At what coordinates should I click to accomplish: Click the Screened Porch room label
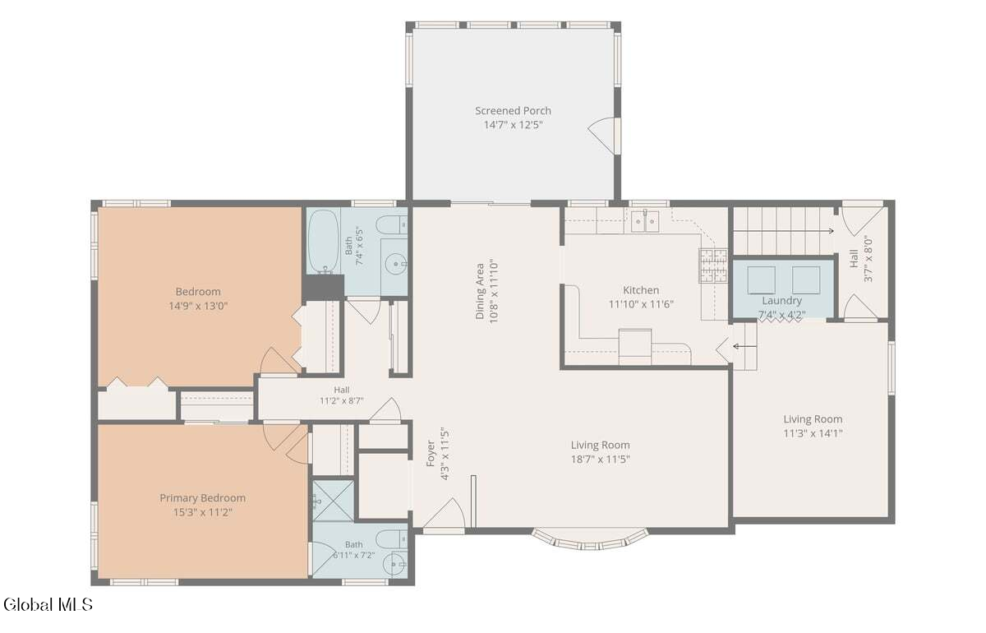click(513, 110)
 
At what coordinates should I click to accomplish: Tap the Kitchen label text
click(641, 290)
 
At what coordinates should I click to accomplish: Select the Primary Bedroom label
click(202, 497)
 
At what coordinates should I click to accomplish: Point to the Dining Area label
click(480, 291)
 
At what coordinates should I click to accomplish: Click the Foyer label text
click(431, 453)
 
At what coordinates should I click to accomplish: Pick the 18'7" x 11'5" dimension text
click(601, 460)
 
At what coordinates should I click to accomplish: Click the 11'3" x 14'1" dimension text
click(813, 433)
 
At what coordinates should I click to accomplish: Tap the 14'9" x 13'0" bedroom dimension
click(198, 306)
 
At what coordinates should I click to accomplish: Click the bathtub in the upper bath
click(324, 241)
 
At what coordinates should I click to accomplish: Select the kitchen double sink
click(645, 220)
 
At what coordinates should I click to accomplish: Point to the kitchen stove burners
click(712, 266)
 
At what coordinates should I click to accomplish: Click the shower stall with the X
click(333, 501)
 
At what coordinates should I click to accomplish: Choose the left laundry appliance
click(761, 280)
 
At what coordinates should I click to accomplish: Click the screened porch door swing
click(601, 136)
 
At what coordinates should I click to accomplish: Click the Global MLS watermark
click(48, 604)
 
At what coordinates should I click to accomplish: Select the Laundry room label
click(781, 300)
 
